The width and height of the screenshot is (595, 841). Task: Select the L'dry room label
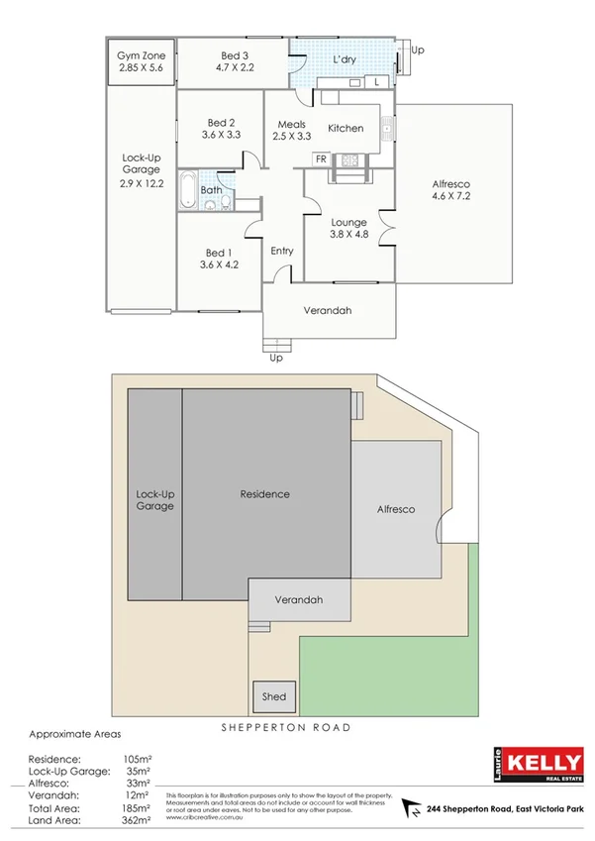click(344, 59)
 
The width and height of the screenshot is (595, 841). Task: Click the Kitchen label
click(346, 128)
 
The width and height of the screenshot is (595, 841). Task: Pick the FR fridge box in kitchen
click(321, 158)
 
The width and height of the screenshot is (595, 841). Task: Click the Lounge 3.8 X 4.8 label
click(348, 229)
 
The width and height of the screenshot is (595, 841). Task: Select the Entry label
click(282, 251)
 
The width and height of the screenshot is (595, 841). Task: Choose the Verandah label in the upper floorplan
click(328, 310)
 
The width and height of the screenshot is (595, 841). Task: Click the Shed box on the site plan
click(274, 696)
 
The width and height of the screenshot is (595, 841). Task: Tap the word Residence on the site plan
click(265, 493)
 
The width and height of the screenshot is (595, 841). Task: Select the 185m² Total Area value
click(138, 807)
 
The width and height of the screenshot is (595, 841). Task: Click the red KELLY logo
click(543, 763)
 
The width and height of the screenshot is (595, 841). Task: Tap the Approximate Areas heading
click(75, 735)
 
